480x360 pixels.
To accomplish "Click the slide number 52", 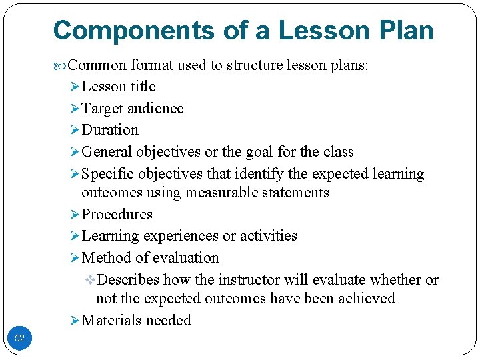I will coord(19,338).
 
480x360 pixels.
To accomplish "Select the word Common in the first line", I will coord(98,65).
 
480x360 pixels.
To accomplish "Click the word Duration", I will coord(109,130).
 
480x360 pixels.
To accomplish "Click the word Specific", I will coord(107,174).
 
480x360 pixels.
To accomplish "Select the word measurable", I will coord(215,193).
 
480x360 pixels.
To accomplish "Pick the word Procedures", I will coord(117,215).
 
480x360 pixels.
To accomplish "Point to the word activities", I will coord(269,236).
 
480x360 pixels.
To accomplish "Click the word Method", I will coord(104,258).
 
